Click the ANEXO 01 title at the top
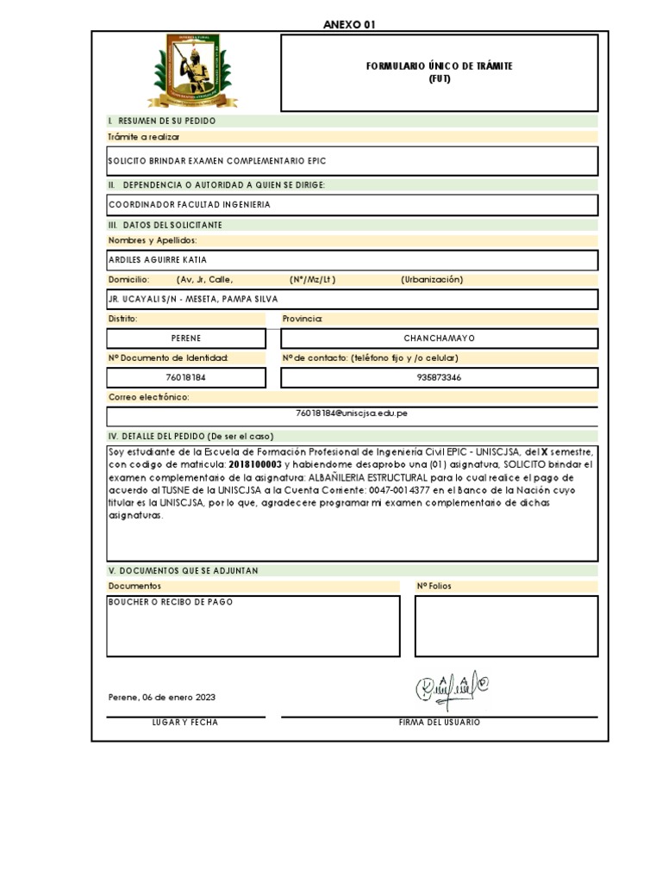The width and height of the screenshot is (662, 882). [349, 25]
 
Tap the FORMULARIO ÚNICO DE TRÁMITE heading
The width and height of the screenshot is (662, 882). [439, 66]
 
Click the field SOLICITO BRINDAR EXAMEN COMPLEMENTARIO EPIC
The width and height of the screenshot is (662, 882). [217, 161]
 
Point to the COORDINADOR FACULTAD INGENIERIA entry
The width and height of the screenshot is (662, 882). [189, 205]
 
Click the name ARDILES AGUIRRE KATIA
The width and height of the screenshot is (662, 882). [158, 260]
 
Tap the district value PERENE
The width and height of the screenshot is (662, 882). [185, 339]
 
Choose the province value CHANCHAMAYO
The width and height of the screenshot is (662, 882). [439, 339]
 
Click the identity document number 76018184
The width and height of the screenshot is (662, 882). [185, 377]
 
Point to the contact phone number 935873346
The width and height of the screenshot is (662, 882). [439, 377]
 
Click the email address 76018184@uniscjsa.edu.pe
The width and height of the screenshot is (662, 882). [352, 413]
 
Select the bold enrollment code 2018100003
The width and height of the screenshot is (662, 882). [256, 464]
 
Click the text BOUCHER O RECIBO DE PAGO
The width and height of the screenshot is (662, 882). [170, 602]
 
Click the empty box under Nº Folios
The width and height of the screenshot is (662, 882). [506, 625]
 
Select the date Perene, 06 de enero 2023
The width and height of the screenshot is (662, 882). [162, 697]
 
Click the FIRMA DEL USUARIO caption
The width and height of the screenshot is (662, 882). [439, 723]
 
